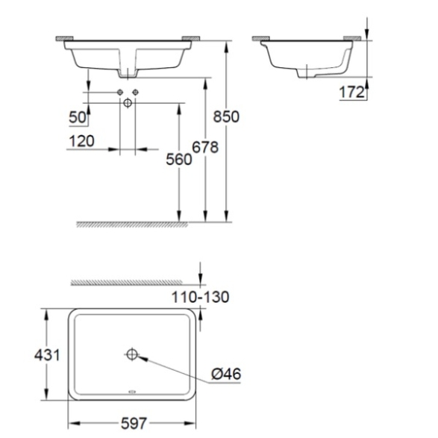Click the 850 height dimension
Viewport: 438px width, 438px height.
click(x=226, y=116)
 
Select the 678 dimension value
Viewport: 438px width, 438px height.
click(x=205, y=147)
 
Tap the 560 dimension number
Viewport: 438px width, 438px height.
click(x=179, y=160)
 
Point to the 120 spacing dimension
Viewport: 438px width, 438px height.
click(x=81, y=141)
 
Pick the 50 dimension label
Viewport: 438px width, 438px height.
click(x=78, y=117)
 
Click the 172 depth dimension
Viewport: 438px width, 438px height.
click(x=352, y=92)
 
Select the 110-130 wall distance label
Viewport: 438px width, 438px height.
click(x=200, y=297)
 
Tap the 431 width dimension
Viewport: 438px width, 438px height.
click(x=47, y=355)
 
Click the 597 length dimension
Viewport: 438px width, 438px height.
click(x=134, y=424)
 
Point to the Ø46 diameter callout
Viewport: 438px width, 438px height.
click(x=226, y=374)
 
